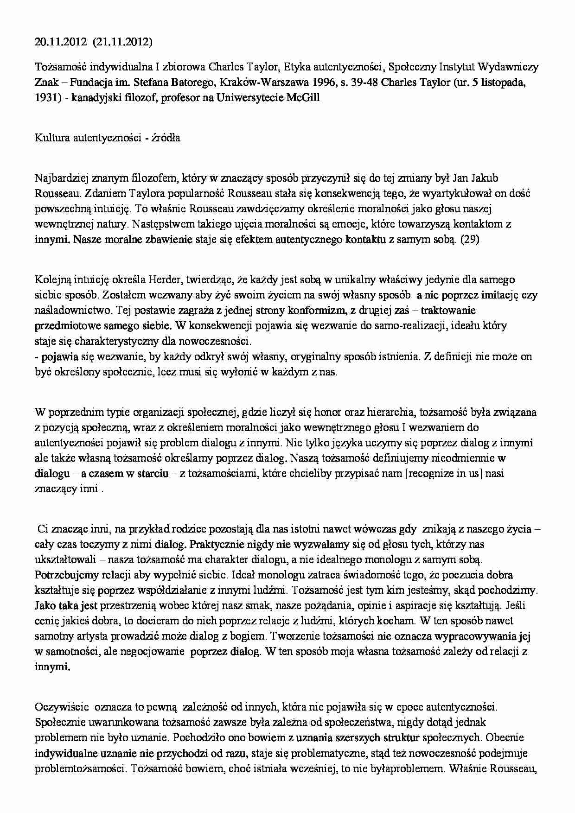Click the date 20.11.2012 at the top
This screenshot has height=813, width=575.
click(x=61, y=43)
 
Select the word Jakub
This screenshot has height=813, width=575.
click(x=485, y=178)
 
